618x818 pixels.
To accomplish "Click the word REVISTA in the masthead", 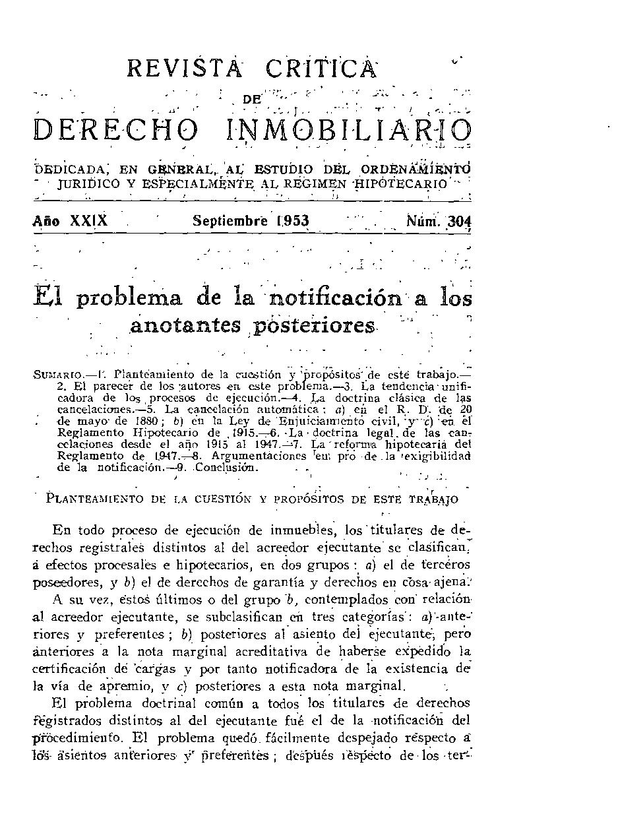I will [x=185, y=69].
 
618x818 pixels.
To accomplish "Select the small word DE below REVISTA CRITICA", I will [x=252, y=100].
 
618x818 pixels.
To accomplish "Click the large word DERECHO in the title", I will [x=116, y=130].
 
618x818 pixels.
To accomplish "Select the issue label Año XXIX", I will [x=71, y=222].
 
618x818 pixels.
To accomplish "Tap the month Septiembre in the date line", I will [x=230, y=222].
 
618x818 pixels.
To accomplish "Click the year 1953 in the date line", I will [x=292, y=222].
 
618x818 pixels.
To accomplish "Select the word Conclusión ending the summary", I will [x=231, y=468].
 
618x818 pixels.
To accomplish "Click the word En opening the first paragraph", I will [x=62, y=530].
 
